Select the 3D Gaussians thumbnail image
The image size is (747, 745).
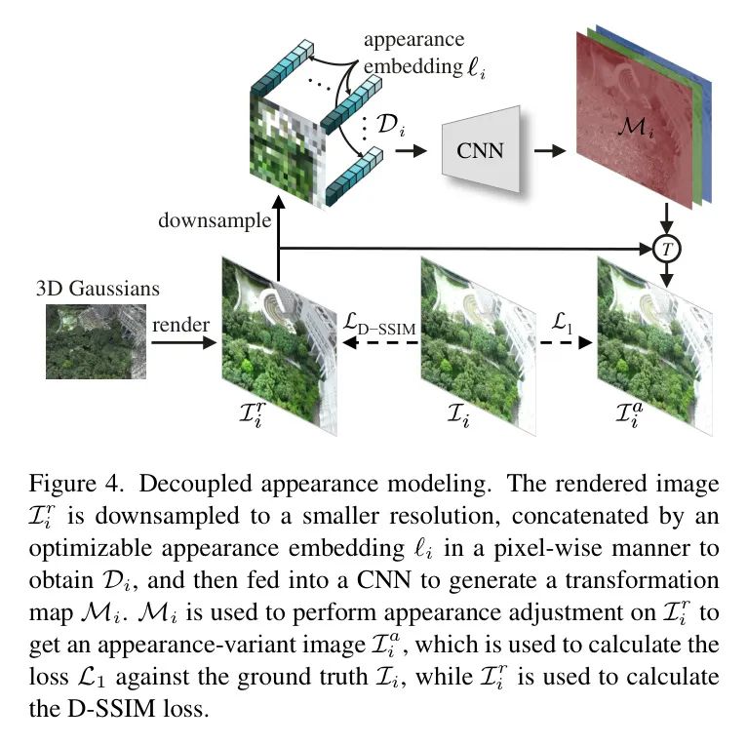point(96,341)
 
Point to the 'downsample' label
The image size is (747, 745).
point(215,221)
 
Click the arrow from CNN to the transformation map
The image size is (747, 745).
point(553,151)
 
